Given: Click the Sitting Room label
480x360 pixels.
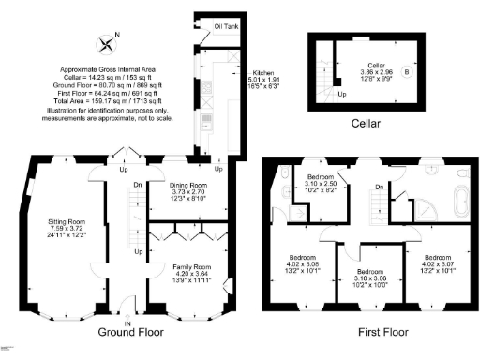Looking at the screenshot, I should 67,222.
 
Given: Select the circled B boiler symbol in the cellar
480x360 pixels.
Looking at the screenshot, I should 405,71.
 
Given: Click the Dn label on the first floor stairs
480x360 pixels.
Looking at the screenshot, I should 379,187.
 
